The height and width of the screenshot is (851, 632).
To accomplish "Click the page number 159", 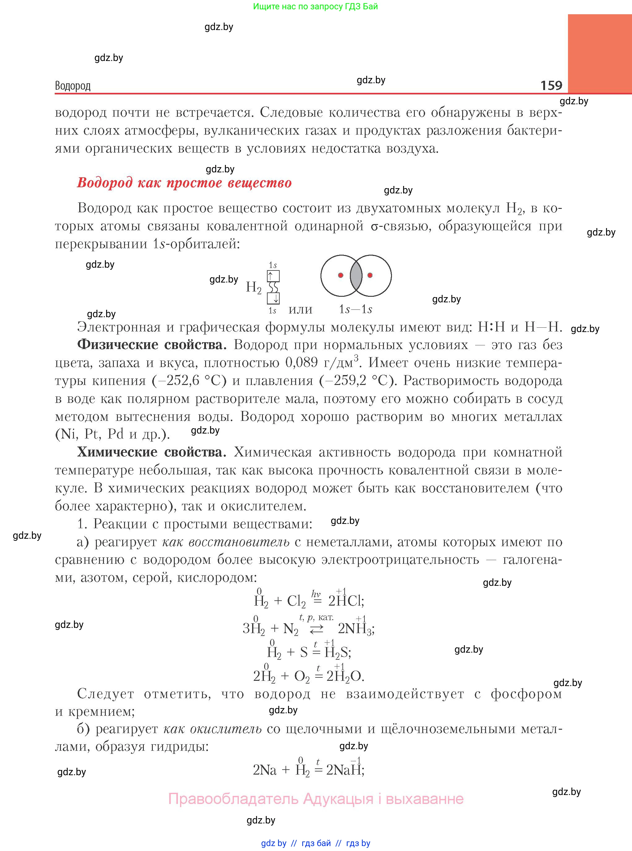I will click(551, 85).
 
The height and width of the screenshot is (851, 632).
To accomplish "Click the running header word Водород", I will click(73, 86).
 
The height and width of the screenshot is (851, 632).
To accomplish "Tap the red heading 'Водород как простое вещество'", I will click(184, 183).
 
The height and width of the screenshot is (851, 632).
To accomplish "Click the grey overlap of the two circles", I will click(356, 275).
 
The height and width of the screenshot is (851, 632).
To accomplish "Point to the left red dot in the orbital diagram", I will click(341, 275).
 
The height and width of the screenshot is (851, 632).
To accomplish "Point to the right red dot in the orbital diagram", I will click(370, 275).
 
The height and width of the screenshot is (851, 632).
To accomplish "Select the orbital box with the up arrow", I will click(273, 276).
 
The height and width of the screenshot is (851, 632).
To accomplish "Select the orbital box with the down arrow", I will click(273, 298).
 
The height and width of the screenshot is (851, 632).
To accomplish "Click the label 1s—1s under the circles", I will click(355, 309).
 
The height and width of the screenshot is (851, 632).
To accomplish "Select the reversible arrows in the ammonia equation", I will click(316, 629).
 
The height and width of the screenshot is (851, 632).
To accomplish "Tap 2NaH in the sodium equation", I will click(344, 770).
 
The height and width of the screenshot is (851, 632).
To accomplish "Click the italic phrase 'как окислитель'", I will click(212, 729).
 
